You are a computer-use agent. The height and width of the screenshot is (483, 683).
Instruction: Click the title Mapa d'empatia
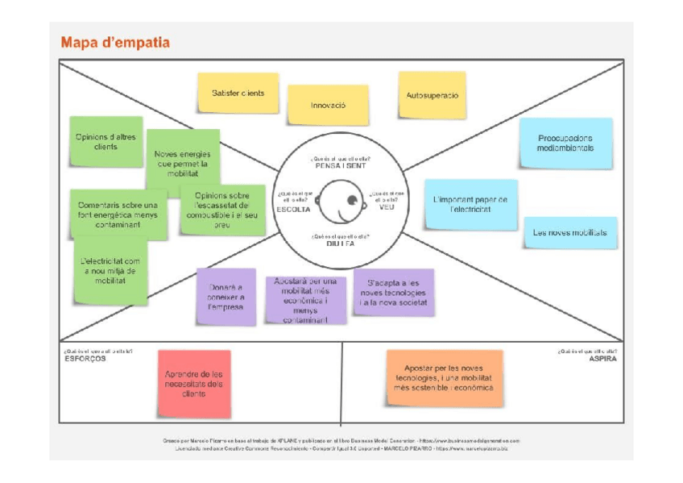[x=115, y=43]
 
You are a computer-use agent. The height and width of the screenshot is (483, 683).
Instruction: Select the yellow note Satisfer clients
[x=238, y=93]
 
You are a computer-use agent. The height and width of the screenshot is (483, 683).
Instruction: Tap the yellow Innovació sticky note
[x=328, y=105]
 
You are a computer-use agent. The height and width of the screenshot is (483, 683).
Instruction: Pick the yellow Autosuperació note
[x=432, y=95]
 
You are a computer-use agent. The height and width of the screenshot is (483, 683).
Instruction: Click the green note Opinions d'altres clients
[x=106, y=142]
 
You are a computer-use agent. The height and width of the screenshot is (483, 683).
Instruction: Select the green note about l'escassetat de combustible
[x=221, y=210]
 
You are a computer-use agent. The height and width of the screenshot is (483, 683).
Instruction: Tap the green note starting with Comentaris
[x=118, y=214]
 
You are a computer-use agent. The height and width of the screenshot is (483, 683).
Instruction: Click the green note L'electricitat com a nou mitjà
[x=111, y=271]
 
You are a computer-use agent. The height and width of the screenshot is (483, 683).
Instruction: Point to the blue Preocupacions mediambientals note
[x=565, y=143]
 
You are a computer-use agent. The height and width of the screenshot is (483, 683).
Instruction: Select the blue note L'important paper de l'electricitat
[x=470, y=204]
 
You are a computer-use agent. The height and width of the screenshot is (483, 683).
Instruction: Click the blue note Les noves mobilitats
[x=570, y=232]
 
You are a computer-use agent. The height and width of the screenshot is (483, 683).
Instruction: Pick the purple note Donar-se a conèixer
[x=226, y=297]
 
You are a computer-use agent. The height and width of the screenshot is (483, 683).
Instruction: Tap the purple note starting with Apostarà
[x=306, y=300]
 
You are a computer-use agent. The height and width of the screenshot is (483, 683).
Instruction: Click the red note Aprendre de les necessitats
[x=194, y=384]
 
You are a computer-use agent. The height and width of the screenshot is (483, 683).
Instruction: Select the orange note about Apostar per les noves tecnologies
[x=444, y=377]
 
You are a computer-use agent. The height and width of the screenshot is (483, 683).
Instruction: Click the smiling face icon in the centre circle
[x=340, y=201]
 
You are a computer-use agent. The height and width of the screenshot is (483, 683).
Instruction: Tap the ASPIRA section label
[x=602, y=359]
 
